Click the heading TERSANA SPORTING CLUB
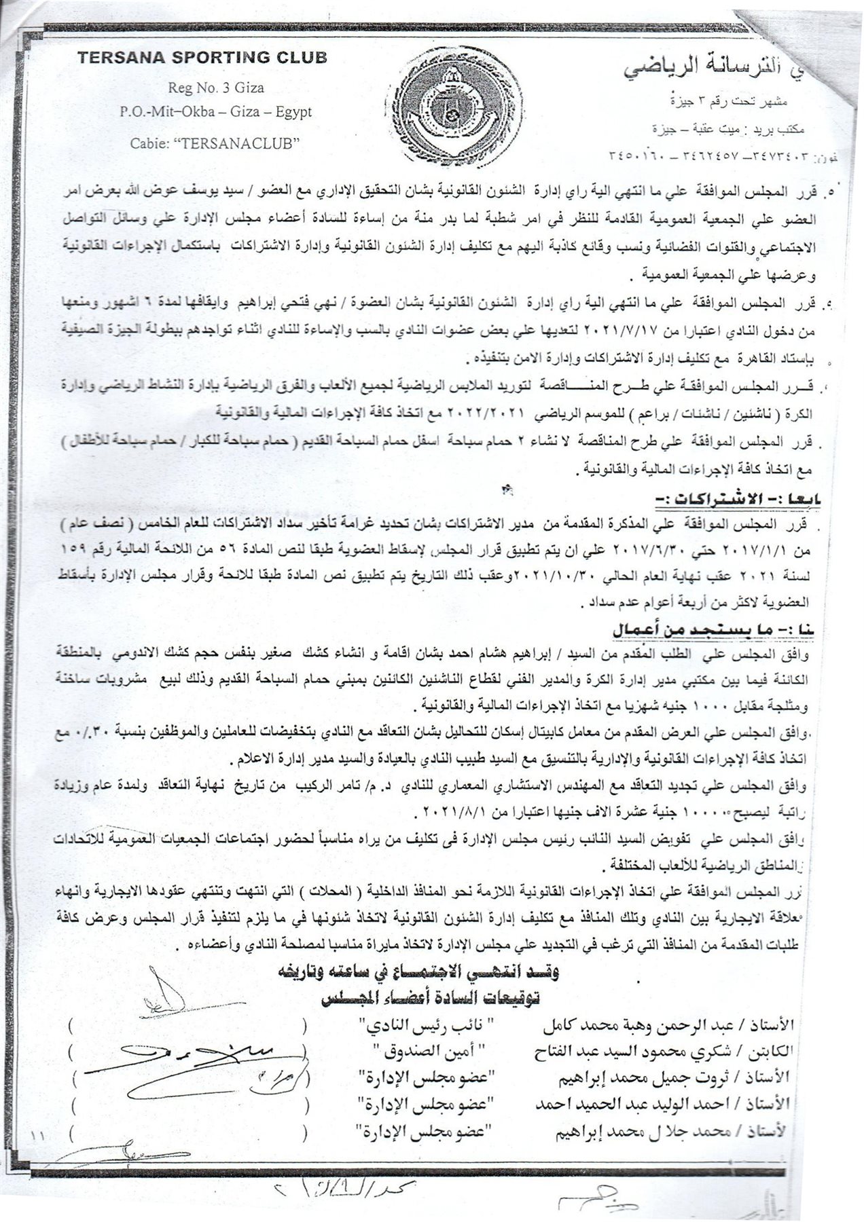coord(202,58)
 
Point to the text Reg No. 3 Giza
coord(217,88)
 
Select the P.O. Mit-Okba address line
coord(216,112)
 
